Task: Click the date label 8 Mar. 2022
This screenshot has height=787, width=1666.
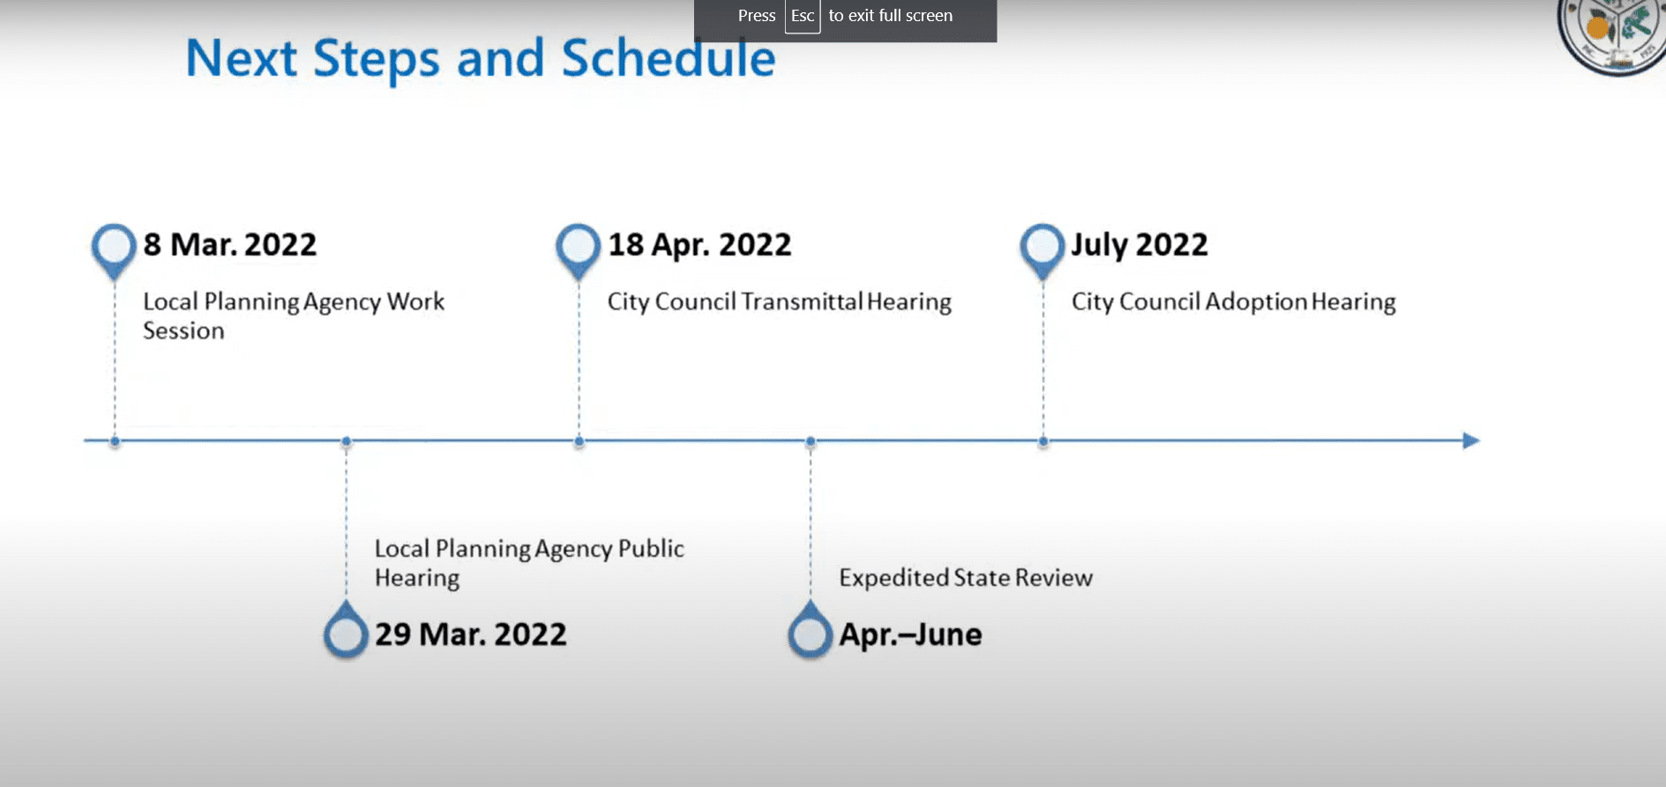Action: (229, 244)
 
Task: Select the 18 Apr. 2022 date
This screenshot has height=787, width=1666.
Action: (699, 244)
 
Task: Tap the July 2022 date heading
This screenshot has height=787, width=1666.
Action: (1139, 244)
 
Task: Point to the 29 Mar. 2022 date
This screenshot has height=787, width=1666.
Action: (470, 634)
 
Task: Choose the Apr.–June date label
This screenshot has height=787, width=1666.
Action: (910, 634)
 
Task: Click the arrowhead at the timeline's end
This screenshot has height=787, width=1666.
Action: (1471, 440)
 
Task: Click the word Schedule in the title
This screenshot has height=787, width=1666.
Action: (669, 58)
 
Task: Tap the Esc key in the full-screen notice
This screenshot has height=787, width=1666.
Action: (803, 16)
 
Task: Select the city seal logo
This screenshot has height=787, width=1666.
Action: (1612, 35)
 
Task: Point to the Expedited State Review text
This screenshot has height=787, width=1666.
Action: (966, 577)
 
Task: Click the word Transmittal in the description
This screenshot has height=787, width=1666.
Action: (802, 301)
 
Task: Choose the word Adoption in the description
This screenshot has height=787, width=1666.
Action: (1256, 301)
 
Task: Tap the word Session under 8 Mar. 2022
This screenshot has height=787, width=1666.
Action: (183, 330)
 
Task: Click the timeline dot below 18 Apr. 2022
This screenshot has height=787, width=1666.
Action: (579, 441)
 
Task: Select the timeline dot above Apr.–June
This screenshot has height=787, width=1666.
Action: (811, 441)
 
